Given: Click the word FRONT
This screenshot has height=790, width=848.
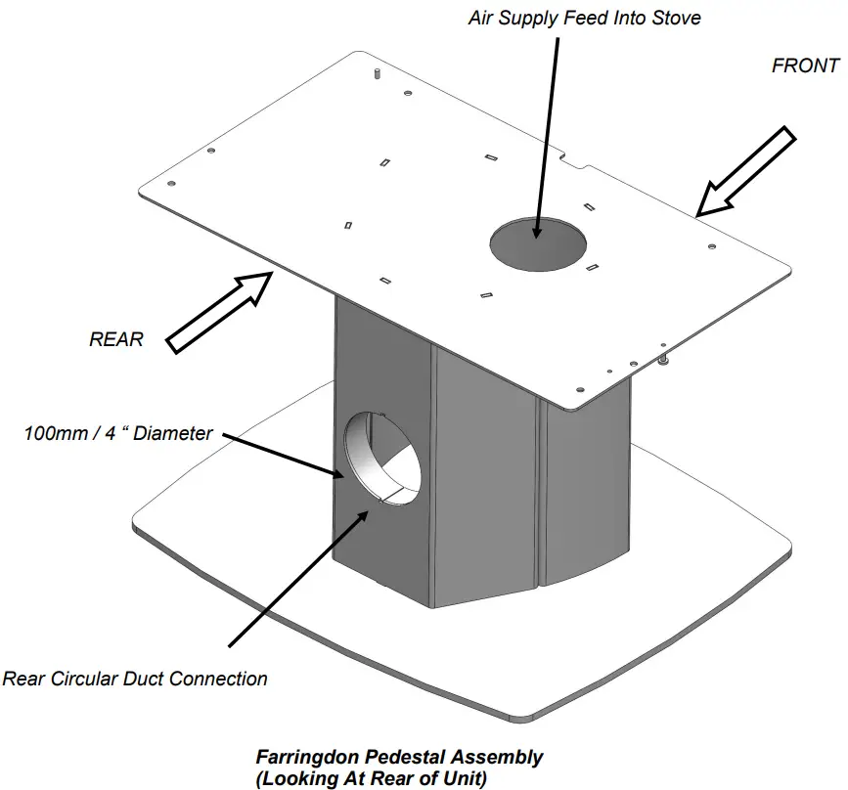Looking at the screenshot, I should coord(805,66).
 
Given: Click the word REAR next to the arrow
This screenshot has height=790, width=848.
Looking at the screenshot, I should coord(116,340).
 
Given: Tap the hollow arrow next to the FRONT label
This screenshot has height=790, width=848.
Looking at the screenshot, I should coord(744,173).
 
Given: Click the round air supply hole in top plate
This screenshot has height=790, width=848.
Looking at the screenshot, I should coord(539,241).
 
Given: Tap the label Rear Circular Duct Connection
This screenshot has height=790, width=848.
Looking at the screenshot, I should coord(135,679).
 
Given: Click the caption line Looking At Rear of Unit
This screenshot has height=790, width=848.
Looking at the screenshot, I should coord(371,778).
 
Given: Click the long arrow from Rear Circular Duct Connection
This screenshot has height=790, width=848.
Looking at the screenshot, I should coord(298,576).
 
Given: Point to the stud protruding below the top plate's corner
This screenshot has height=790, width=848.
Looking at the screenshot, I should coord(663,362).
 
